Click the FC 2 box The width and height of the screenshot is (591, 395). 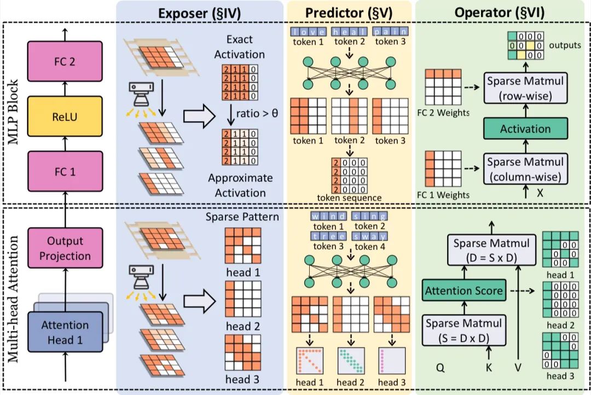[x=65, y=61]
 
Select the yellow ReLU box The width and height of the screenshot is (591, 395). [x=65, y=116]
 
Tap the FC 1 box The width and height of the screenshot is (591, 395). [x=65, y=172]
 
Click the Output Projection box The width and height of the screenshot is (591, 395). [x=65, y=248]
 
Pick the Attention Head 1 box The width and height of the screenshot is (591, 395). [x=65, y=332]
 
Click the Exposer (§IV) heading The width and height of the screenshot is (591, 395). [x=199, y=13]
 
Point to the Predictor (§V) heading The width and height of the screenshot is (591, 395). [x=349, y=13]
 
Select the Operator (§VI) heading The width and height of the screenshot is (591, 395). [x=500, y=13]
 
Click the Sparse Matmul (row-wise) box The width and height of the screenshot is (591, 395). [x=525, y=89]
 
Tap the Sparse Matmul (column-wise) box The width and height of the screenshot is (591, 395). [x=525, y=169]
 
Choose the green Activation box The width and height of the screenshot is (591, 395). [x=525, y=128]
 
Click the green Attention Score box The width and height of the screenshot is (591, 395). [x=464, y=291]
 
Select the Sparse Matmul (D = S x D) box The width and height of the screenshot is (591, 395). [x=491, y=250]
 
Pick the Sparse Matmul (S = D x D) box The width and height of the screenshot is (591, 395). [x=464, y=331]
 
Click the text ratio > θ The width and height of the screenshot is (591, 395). [x=257, y=113]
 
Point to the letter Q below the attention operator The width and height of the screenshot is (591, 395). [x=440, y=368]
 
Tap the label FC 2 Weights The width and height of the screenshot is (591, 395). [x=443, y=113]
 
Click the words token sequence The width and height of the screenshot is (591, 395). [x=349, y=198]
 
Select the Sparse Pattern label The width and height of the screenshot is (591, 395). [x=242, y=217]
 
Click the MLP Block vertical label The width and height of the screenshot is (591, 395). [x=13, y=112]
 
